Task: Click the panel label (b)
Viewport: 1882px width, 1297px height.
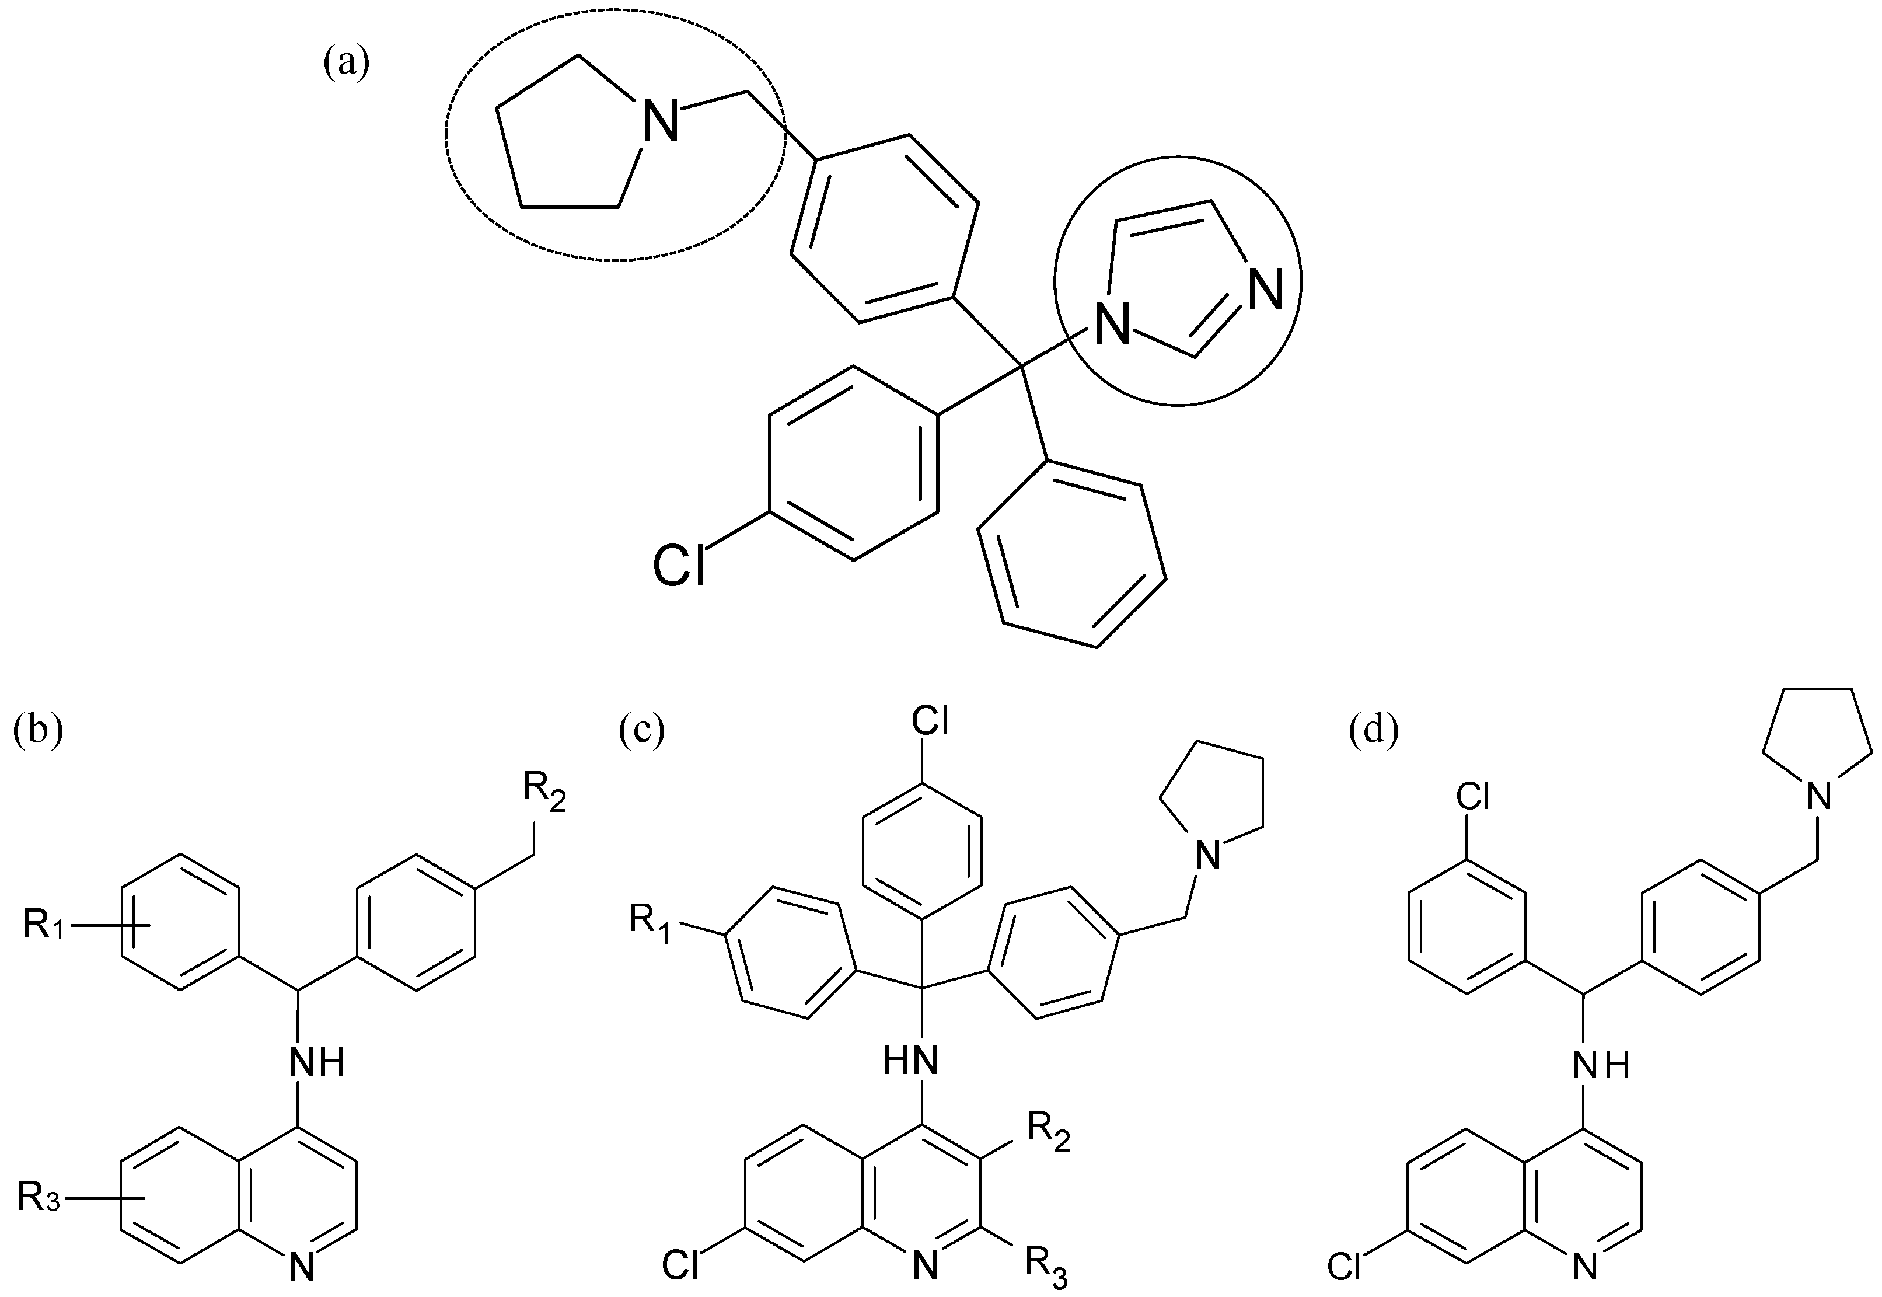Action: click(x=37, y=730)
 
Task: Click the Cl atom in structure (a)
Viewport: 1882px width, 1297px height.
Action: click(x=680, y=566)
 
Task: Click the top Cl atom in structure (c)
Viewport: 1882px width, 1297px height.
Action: click(x=930, y=720)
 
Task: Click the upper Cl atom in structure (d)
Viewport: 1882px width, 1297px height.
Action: click(x=1472, y=798)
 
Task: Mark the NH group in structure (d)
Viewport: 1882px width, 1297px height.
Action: click(x=1601, y=1064)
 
